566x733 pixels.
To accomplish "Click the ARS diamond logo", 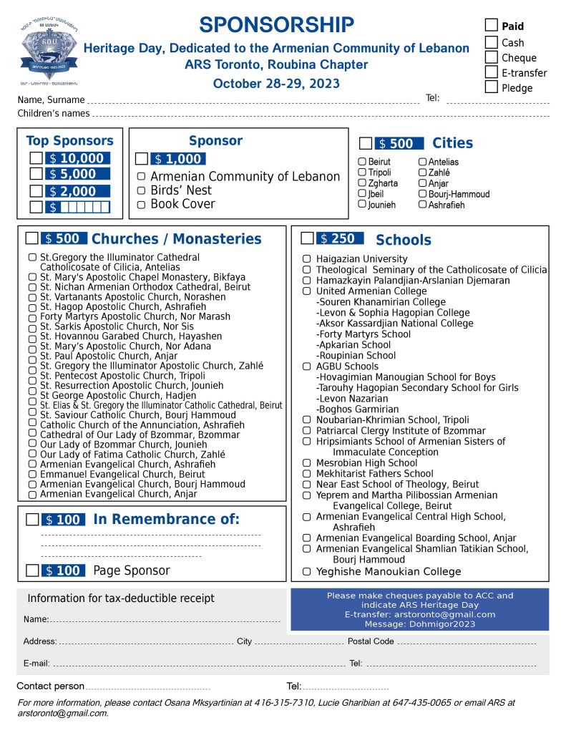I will pyautogui.click(x=48, y=55).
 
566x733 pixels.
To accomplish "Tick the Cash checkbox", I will pyautogui.click(x=492, y=42).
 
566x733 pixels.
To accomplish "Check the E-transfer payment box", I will pyautogui.click(x=492, y=72).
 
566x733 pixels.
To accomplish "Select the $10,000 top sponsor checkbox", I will pyautogui.click(x=36, y=158).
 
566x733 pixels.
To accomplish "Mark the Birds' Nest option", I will pyautogui.click(x=141, y=190).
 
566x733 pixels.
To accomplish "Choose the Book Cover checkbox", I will pyautogui.click(x=141, y=204).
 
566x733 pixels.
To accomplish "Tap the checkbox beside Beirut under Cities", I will pyautogui.click(x=362, y=162).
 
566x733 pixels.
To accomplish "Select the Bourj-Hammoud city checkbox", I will pyautogui.click(x=422, y=194).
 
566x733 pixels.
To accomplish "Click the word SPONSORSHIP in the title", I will pyautogui.click(x=276, y=25).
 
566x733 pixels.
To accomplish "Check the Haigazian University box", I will pyautogui.click(x=307, y=259).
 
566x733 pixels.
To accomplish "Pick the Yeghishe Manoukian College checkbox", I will pyautogui.click(x=307, y=571).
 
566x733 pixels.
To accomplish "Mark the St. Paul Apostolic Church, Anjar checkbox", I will pyautogui.click(x=32, y=356).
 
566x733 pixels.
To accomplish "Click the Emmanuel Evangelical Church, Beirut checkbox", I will pyautogui.click(x=32, y=474).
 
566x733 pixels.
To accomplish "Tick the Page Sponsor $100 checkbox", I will pyautogui.click(x=31, y=571).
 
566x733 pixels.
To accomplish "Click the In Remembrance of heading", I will pyautogui.click(x=166, y=520).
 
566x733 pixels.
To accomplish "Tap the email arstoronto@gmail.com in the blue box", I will pyautogui.click(x=419, y=614).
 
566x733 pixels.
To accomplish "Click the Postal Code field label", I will pyautogui.click(x=371, y=641).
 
